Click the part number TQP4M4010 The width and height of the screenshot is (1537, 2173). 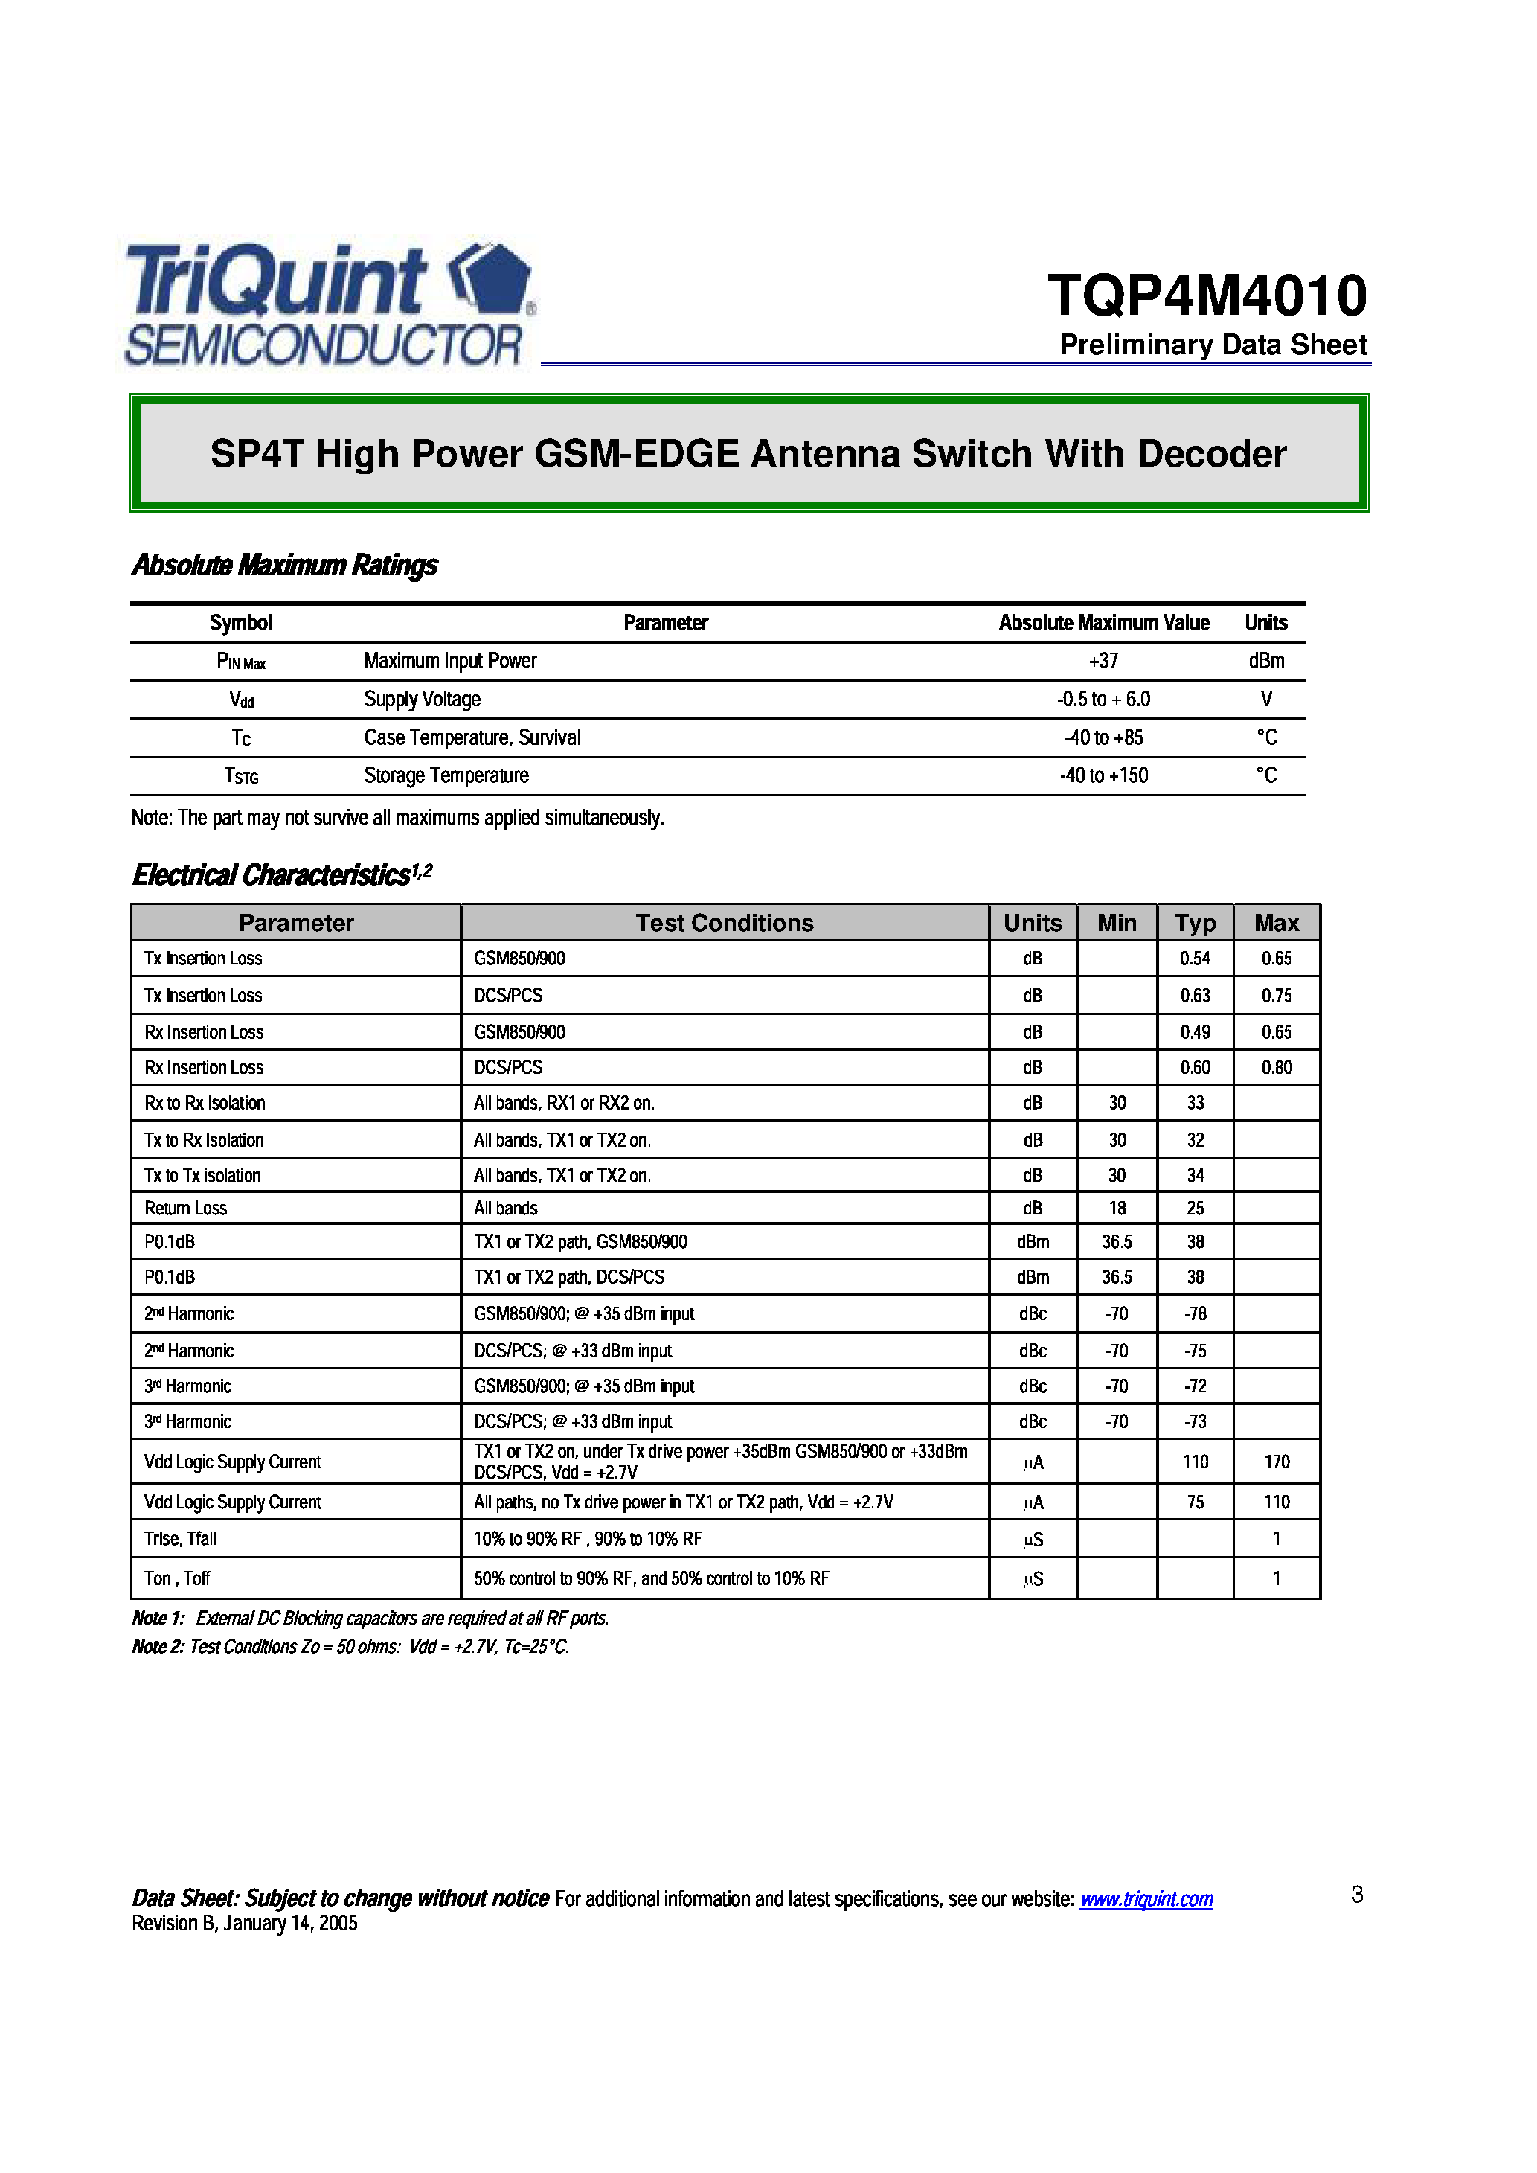1207,295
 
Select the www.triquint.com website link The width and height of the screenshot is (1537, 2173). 1146,1898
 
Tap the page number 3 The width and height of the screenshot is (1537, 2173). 1357,1894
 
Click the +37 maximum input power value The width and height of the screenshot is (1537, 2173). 1103,661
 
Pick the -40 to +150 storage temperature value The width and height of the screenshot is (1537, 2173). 1103,775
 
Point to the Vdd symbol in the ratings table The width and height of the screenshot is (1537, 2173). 241,700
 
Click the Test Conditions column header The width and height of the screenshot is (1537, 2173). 724,923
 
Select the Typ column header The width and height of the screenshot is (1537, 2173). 1196,923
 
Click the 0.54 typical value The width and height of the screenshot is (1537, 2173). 1196,958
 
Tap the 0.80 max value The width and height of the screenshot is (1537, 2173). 1277,1066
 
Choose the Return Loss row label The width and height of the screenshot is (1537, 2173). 185,1208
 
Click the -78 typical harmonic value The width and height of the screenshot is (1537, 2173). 1196,1313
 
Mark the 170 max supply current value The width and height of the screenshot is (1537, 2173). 1277,1462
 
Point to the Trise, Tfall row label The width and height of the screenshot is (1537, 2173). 180,1539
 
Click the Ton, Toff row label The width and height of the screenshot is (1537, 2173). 177,1578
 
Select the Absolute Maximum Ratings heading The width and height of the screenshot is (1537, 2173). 285,565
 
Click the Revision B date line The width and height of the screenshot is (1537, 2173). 244,1923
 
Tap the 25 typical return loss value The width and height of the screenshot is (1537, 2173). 1196,1208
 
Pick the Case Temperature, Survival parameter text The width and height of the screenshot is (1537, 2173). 472,737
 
